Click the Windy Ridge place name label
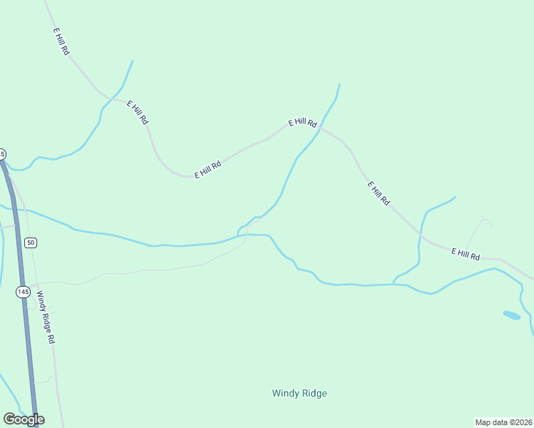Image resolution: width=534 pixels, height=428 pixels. [x=299, y=393]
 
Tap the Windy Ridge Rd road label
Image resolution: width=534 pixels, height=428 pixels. [x=46, y=317]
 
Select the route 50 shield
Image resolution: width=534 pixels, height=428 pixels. [x=30, y=243]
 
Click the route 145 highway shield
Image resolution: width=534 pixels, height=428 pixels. [x=23, y=292]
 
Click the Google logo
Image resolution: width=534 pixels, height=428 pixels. [x=24, y=419]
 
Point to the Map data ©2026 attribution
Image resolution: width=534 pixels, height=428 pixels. [x=504, y=422]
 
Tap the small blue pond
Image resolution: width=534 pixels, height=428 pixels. [x=511, y=315]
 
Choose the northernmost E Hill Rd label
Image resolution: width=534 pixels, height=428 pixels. [x=61, y=42]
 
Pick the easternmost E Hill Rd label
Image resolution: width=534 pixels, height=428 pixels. [x=465, y=253]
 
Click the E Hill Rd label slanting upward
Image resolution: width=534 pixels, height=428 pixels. [x=208, y=169]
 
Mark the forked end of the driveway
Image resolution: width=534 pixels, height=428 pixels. [x=484, y=218]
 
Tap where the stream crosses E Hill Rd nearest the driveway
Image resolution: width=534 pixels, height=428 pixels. [x=421, y=235]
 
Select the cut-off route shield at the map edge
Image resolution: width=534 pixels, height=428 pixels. [x=2, y=154]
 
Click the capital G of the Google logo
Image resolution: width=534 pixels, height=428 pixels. [x=9, y=419]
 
